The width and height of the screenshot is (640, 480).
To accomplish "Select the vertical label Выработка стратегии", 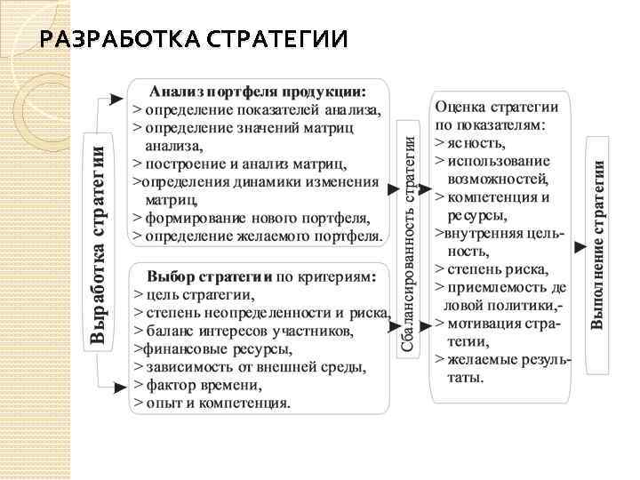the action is pos(100,237).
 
